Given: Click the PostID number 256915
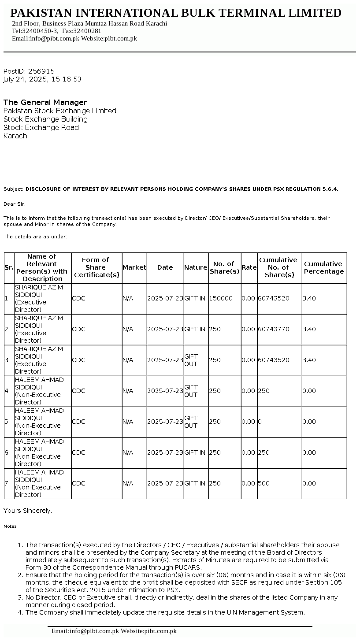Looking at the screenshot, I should pos(41,71).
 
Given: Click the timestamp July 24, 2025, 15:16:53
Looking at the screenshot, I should pos(42,79).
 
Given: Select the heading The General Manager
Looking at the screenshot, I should pos(45,102).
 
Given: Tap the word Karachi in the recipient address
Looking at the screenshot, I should pos(16,136).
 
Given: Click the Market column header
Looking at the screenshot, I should pos(134,267).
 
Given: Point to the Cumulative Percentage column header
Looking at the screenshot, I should pos(324,267).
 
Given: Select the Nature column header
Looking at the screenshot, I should pos(196,267).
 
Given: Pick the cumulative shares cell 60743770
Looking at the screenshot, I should pos(274,329).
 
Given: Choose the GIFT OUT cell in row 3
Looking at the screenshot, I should pos(191,360).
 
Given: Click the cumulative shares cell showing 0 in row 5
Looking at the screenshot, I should pos(260,422).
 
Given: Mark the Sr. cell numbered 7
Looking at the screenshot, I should pos(7,483).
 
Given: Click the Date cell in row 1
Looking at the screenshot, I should pos(165,298).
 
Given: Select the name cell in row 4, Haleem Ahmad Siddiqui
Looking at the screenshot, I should pos(39,391).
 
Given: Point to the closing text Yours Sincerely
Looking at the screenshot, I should pos(28,511).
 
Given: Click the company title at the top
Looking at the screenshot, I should pos(176,13).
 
